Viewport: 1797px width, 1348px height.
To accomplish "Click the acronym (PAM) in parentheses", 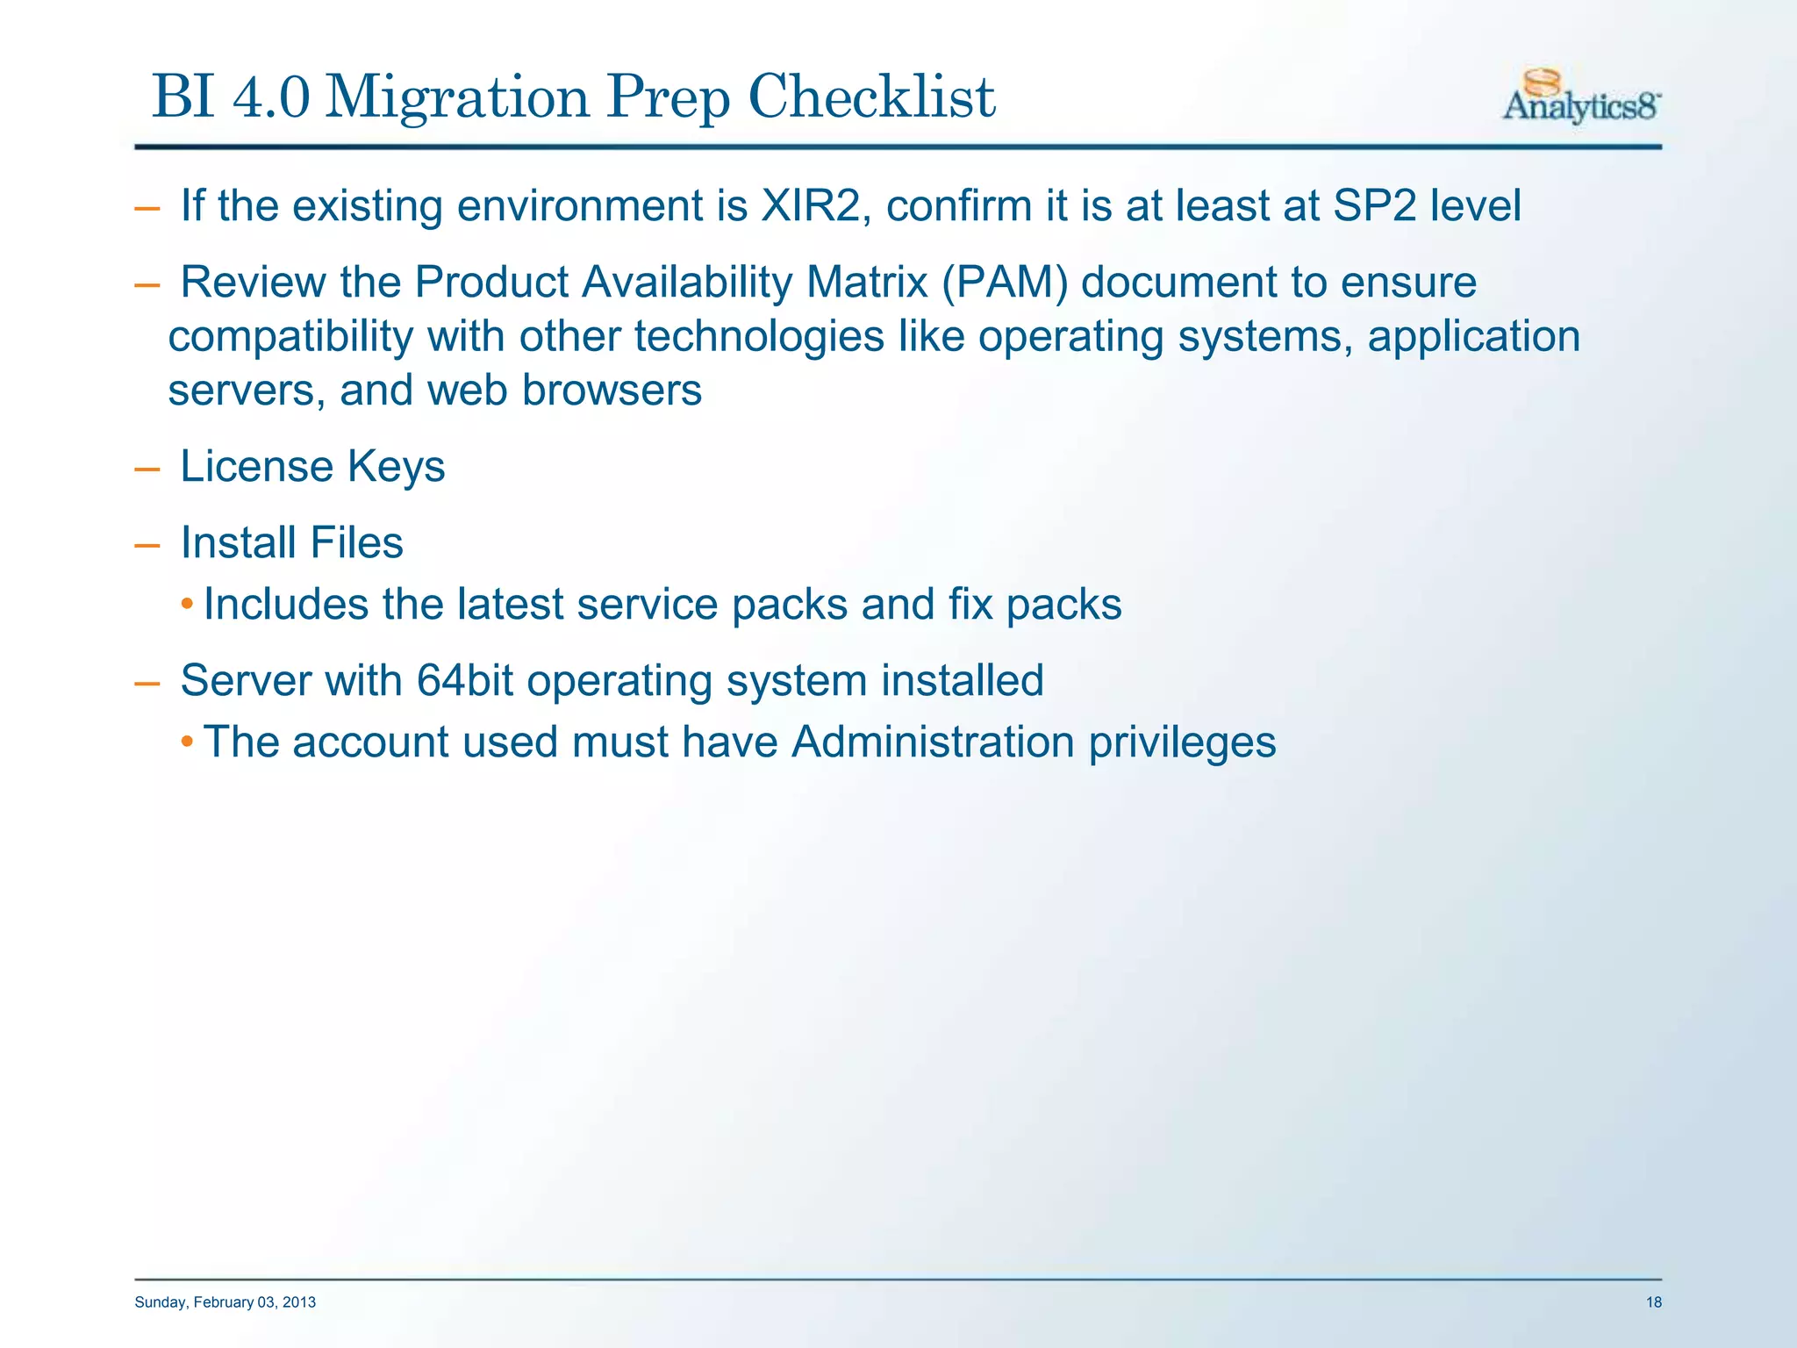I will (1005, 283).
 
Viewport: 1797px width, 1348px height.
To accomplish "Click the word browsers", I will (612, 390).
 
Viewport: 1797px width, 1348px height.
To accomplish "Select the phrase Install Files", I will (291, 542).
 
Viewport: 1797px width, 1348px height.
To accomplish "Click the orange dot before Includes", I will (186, 604).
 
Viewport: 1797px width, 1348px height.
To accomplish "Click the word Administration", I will (932, 742).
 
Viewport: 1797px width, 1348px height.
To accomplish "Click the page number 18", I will (1653, 1302).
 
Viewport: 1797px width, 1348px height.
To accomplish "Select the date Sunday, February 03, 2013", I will (225, 1302).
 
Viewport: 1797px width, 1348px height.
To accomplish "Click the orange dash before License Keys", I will (147, 469).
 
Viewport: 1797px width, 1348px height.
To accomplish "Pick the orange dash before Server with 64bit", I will (147, 683).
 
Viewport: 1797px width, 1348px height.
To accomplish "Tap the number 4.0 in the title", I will (271, 97).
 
